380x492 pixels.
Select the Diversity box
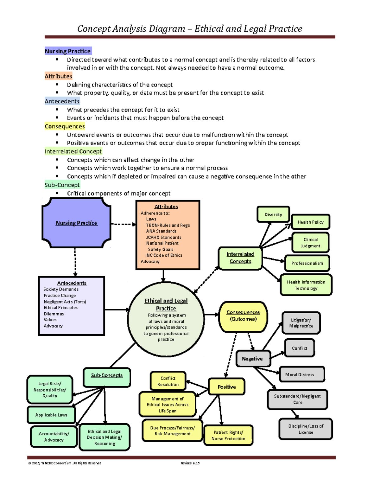click(x=273, y=214)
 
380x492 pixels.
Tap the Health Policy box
click(x=310, y=222)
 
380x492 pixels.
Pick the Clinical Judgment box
click(x=310, y=243)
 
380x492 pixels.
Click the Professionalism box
click(x=307, y=263)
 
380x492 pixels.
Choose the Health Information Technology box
click(x=306, y=285)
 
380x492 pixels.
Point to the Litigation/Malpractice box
click(x=301, y=323)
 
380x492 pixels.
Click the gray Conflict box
click(x=300, y=348)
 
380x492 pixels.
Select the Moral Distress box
click(x=302, y=374)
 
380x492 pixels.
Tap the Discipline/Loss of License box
click(x=306, y=429)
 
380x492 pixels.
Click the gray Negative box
click(x=253, y=359)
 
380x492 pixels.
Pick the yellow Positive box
click(x=227, y=387)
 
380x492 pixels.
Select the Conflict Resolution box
click(x=168, y=381)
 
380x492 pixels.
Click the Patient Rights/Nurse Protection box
click(x=228, y=435)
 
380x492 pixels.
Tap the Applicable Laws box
click(x=51, y=415)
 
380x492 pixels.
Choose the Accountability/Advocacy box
click(x=54, y=437)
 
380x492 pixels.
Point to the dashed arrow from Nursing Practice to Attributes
click(x=123, y=224)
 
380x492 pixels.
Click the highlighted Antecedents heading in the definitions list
click(x=62, y=101)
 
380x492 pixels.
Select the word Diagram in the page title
click(x=167, y=29)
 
